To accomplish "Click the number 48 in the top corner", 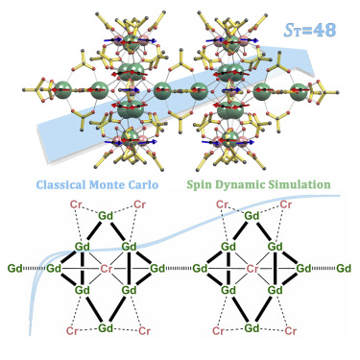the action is [x=324, y=31].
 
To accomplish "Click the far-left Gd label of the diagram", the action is [x=14, y=268].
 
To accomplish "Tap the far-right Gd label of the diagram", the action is [x=344, y=268].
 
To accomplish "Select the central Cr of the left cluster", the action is [x=107, y=269].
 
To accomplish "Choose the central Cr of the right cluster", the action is [x=252, y=269].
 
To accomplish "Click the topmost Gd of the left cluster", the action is [x=106, y=216].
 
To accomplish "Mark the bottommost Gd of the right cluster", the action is [x=252, y=328].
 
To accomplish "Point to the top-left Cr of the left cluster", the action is [x=76, y=204].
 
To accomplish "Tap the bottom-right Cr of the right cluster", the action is [x=291, y=331].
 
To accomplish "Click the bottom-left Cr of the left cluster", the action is [x=72, y=331].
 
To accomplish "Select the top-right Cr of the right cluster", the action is [x=286, y=204].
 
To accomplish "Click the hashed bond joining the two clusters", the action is [x=179, y=268].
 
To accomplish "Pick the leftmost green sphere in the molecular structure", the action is [x=62, y=90].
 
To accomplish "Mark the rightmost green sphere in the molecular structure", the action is [x=300, y=91].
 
